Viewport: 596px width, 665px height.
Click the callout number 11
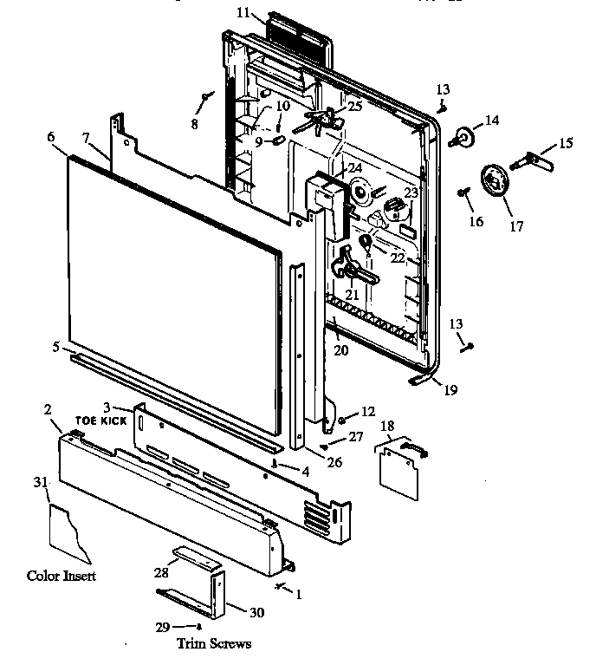pos(243,12)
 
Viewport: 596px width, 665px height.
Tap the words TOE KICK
pos(104,420)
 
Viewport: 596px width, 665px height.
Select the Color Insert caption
pos(62,576)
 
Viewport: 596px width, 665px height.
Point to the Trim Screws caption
pos(213,643)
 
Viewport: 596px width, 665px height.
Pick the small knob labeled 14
pos(465,135)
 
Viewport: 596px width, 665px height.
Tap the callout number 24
pos(354,167)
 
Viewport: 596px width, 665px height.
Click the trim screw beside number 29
pos(199,626)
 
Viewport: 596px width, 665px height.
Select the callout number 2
pos(48,408)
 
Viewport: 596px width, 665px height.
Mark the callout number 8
pos(194,124)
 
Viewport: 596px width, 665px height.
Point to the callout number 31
pos(39,483)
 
